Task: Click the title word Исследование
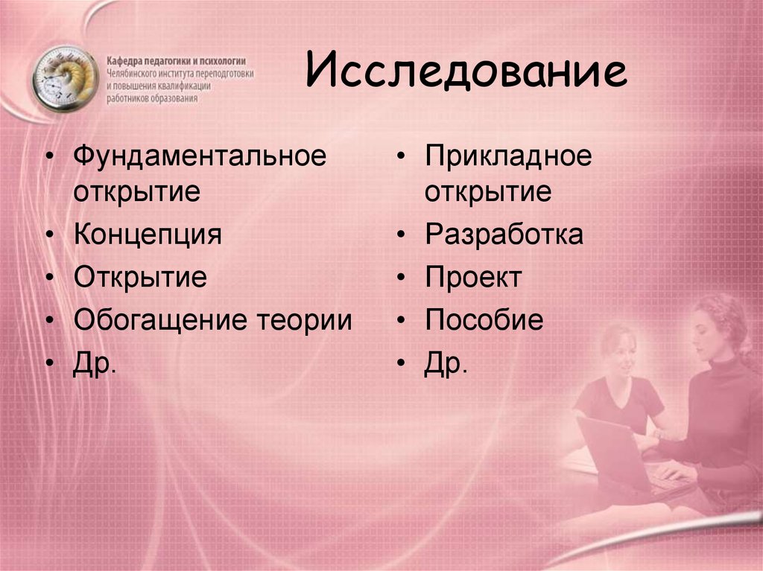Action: click(x=466, y=71)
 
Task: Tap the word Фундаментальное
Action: click(x=200, y=156)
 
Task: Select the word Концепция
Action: click(x=148, y=235)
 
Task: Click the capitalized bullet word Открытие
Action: click(x=140, y=277)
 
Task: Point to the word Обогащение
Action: click(x=160, y=321)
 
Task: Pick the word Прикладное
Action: click(x=508, y=156)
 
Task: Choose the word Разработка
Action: click(x=504, y=235)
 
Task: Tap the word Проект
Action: click(x=473, y=278)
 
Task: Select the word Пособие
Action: click(x=484, y=319)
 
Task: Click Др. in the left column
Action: click(x=95, y=364)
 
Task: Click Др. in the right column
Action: click(x=446, y=364)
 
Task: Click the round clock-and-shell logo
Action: click(x=66, y=78)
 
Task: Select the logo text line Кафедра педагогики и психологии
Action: click(x=176, y=61)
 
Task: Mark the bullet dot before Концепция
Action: click(x=50, y=235)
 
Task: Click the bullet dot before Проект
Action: click(x=401, y=278)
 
